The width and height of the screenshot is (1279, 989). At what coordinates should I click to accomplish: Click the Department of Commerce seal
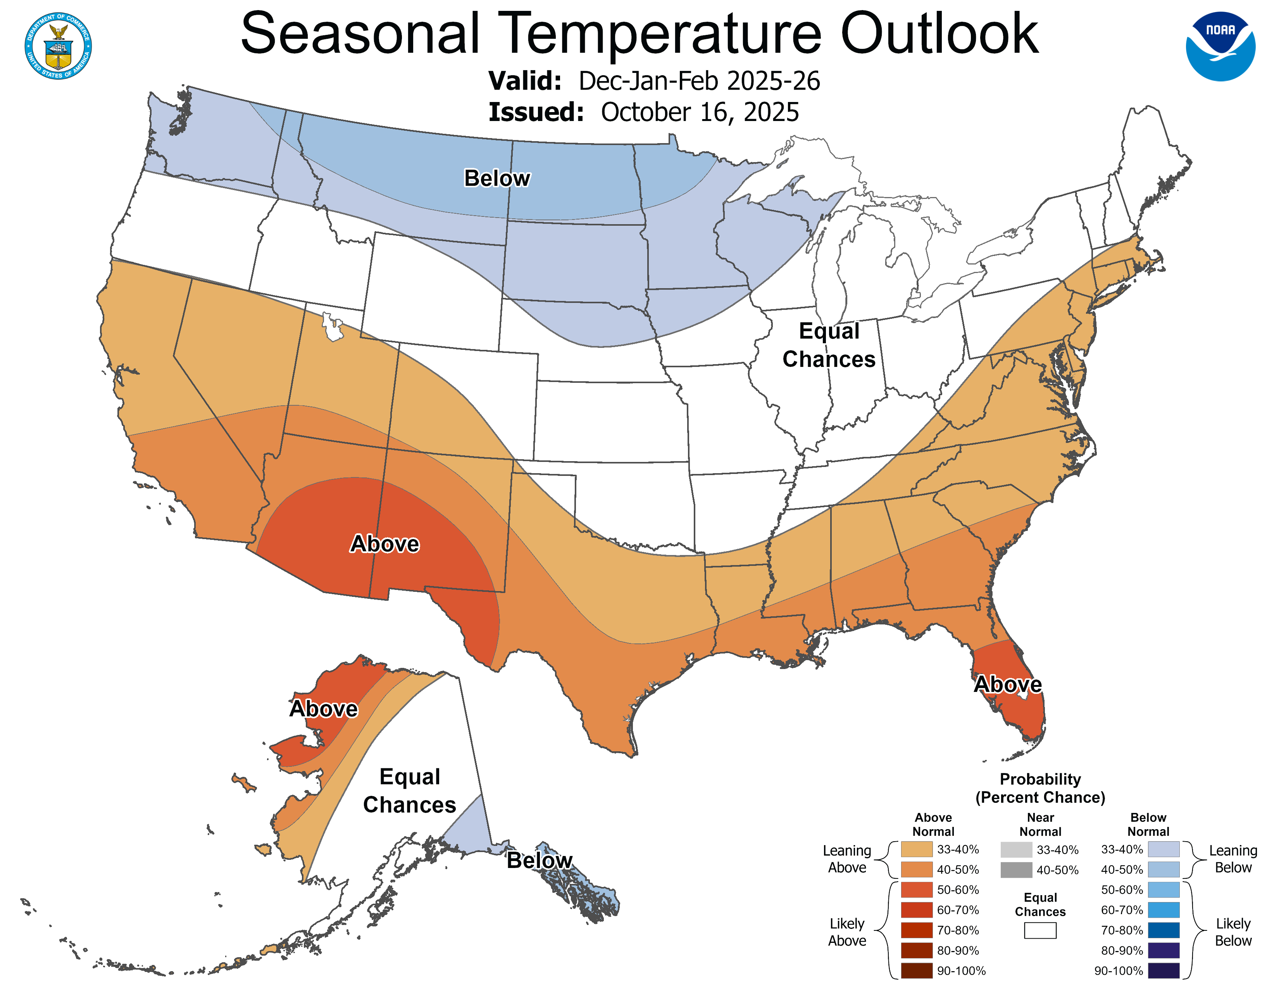click(58, 46)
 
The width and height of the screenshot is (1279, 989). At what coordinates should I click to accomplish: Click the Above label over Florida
click(1007, 684)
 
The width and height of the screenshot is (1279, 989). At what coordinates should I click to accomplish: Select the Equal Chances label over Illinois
click(829, 345)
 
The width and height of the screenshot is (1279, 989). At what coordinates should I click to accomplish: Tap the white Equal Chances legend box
click(1040, 930)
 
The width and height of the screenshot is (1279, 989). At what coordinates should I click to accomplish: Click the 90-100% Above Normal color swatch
click(917, 971)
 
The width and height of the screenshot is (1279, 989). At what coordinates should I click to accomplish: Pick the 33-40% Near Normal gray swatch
click(1016, 849)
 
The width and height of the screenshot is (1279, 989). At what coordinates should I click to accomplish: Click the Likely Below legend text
click(1233, 932)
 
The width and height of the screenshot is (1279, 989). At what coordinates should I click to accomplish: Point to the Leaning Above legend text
click(847, 859)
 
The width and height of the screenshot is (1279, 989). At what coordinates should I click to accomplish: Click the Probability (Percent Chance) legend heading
click(1040, 788)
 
